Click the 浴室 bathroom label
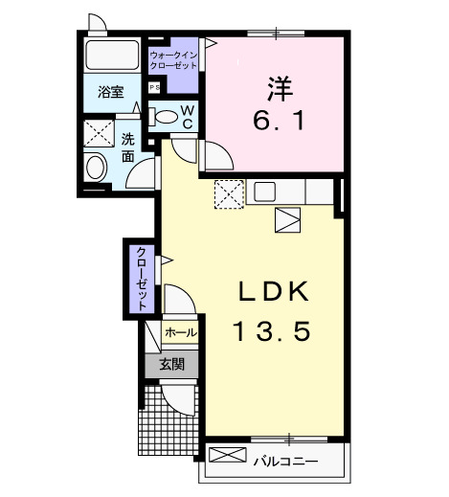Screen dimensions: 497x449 point(111,93)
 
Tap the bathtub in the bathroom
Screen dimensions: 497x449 point(111,56)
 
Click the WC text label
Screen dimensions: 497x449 point(188,118)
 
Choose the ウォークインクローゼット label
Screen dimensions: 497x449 point(173,61)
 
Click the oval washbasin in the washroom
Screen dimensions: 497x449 point(97,168)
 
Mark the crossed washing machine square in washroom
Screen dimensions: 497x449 point(98,131)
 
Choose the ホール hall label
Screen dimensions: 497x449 point(180,332)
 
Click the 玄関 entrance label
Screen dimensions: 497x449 point(171,364)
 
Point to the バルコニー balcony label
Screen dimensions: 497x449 point(285,463)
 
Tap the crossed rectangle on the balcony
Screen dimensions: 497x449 point(227,456)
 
